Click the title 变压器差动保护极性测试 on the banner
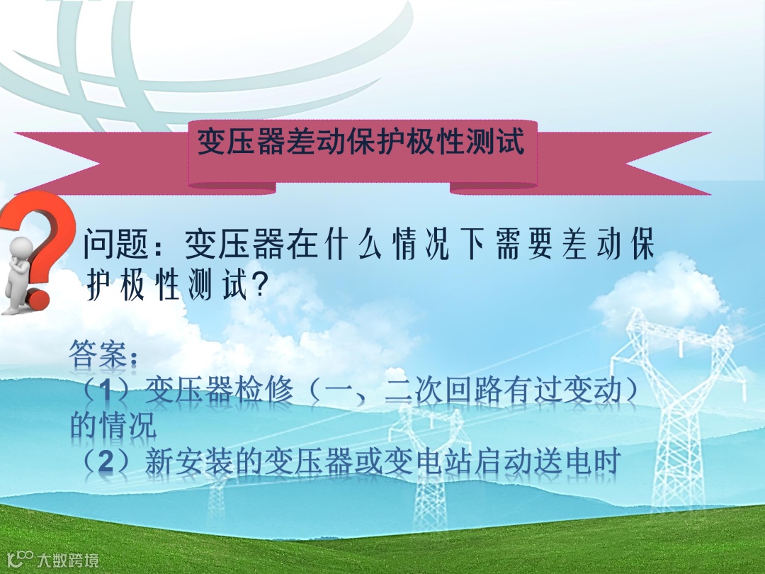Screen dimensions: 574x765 click(361, 142)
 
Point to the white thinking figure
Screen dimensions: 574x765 click(20, 273)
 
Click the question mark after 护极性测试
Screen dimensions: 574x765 click(260, 286)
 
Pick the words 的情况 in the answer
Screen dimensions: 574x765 click(113, 427)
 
